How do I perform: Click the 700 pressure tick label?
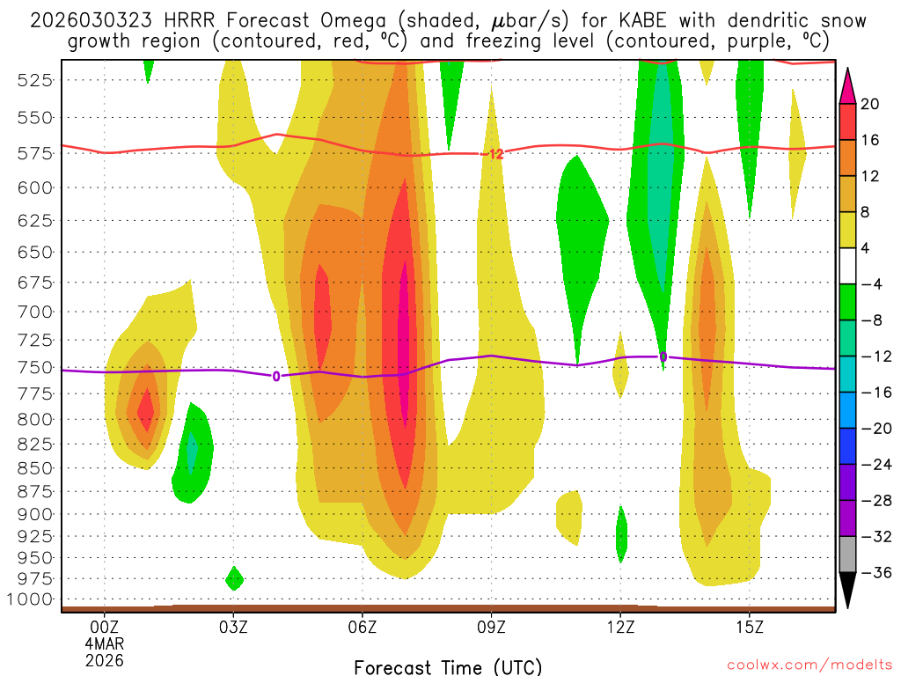coord(36,312)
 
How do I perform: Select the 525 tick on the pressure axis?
coord(36,80)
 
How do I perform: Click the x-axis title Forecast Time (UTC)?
coord(448,667)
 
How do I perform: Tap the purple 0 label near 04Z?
coord(276,376)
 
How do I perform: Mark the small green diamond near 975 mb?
coord(234,578)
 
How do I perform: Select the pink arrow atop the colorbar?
coord(848,84)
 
